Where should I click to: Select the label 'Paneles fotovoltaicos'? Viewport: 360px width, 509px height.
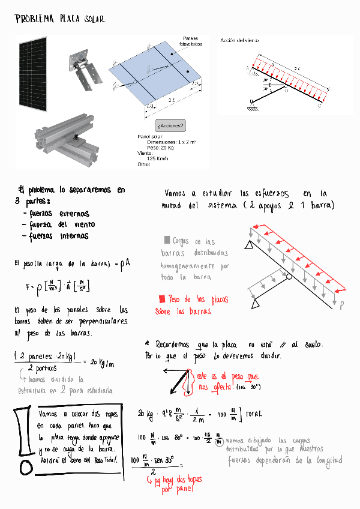point(191,41)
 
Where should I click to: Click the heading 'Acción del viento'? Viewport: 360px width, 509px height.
point(239,40)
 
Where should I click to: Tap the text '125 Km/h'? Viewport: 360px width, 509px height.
point(158,158)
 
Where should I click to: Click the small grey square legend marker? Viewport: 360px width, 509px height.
point(166,240)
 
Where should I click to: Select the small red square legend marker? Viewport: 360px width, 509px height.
point(161,298)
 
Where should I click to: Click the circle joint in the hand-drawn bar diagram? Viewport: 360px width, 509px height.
point(289,277)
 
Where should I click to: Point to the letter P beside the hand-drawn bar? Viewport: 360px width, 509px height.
point(343,305)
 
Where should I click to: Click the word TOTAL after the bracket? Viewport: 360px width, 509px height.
point(253,414)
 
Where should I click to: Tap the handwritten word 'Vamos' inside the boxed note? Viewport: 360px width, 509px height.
point(48,414)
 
